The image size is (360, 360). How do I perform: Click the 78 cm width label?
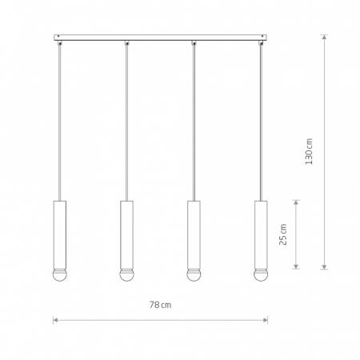[x=160, y=305]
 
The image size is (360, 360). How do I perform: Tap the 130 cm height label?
[x=309, y=151]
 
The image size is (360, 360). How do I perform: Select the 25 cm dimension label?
[x=282, y=234]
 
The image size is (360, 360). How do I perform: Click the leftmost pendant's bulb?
[x=60, y=275]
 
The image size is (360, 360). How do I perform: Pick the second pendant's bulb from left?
[x=126, y=275]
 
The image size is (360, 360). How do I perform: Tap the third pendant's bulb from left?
[x=194, y=275]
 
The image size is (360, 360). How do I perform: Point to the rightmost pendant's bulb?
[x=261, y=275]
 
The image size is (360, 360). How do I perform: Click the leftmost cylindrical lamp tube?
[x=60, y=234]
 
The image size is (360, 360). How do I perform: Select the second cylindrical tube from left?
[x=126, y=234]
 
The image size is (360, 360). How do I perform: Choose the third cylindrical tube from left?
[x=194, y=234]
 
